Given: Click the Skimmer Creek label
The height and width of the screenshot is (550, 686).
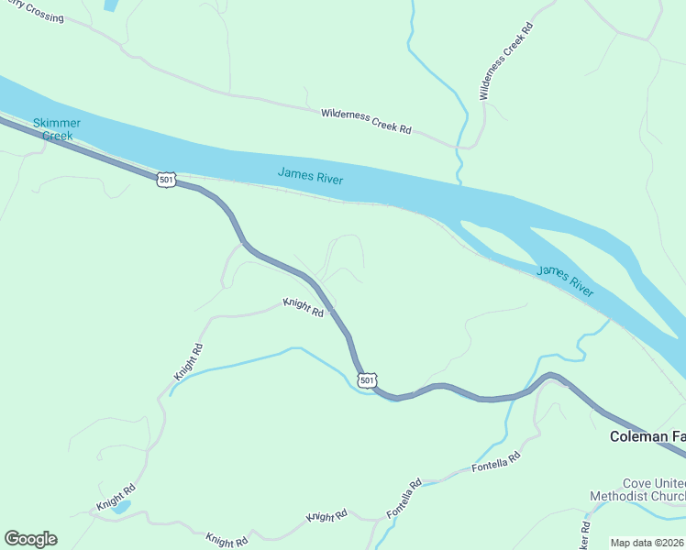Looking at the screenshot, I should (x=57, y=128).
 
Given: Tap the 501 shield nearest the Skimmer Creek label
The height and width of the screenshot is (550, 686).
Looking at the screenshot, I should (x=166, y=180).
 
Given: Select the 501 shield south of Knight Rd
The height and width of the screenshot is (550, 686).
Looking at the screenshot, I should (x=367, y=379).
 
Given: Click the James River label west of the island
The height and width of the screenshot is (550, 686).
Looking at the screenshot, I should (x=311, y=175).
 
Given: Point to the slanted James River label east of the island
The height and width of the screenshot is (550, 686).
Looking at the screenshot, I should (x=565, y=281).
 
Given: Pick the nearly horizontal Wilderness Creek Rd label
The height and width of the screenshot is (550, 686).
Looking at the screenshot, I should (x=366, y=121).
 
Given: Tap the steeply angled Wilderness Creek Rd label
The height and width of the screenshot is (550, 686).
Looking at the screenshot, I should (x=505, y=61).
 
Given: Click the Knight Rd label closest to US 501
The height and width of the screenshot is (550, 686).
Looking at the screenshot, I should (x=304, y=307).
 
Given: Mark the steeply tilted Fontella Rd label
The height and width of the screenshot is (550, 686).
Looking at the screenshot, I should (x=404, y=500).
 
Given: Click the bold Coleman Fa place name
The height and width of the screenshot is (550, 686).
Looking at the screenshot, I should (x=647, y=437).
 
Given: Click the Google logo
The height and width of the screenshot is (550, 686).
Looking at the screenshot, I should (x=29, y=538).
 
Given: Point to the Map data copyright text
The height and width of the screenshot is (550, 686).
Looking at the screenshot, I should (x=647, y=543).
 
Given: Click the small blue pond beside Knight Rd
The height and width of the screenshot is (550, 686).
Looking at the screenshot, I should (x=123, y=506).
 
